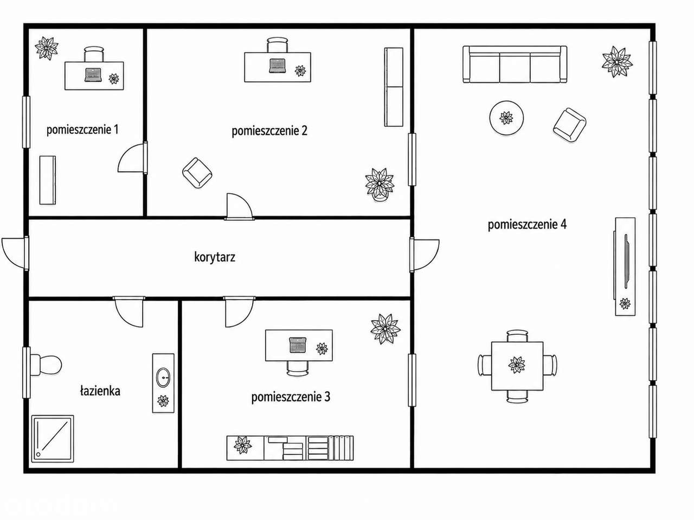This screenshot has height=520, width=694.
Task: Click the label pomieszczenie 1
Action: (82, 130)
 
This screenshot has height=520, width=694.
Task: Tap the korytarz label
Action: (215, 257)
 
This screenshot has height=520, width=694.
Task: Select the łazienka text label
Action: (100, 391)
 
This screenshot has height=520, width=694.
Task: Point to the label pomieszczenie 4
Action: (527, 224)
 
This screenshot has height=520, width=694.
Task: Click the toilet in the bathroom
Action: (46, 365)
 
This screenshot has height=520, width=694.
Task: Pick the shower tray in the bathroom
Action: (53, 439)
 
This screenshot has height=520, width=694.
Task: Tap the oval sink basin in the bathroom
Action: (163, 378)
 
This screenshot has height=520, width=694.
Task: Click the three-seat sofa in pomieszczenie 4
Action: (515, 64)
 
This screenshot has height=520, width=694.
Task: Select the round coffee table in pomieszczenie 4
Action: (506, 118)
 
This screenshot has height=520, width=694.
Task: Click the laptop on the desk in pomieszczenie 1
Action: (93, 75)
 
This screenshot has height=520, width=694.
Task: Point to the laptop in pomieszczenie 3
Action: (298, 345)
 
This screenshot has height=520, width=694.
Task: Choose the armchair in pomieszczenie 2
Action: (197, 173)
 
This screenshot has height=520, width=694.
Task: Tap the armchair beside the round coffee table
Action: (569, 125)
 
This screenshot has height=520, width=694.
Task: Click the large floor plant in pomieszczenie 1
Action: (47, 48)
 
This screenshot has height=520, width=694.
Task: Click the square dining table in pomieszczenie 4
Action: (517, 366)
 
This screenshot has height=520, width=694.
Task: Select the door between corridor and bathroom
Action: (129, 311)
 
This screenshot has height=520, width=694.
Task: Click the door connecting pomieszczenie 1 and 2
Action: (133, 157)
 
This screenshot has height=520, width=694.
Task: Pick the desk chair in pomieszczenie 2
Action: (277, 45)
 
